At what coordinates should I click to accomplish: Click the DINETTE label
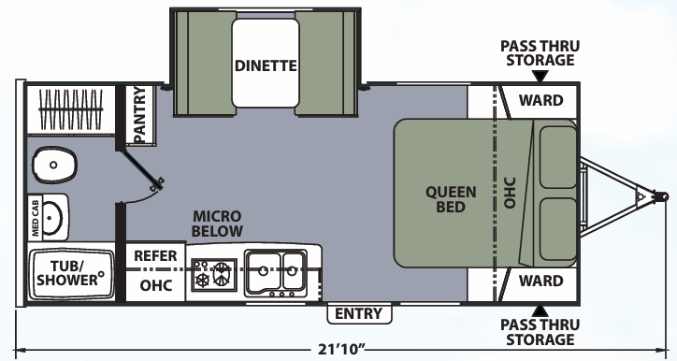[266, 65]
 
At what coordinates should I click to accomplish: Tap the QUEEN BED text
[451, 199]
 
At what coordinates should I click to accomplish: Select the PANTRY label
[139, 116]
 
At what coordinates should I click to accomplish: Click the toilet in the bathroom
[53, 166]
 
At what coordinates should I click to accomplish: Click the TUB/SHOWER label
[68, 272]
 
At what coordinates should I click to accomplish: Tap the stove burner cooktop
[213, 275]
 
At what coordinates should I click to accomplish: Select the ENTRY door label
[358, 313]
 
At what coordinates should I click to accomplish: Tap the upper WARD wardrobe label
[540, 100]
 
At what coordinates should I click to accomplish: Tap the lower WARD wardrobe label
[540, 281]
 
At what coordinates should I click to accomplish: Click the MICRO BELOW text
[217, 224]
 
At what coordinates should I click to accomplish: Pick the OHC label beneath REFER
[155, 284]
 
